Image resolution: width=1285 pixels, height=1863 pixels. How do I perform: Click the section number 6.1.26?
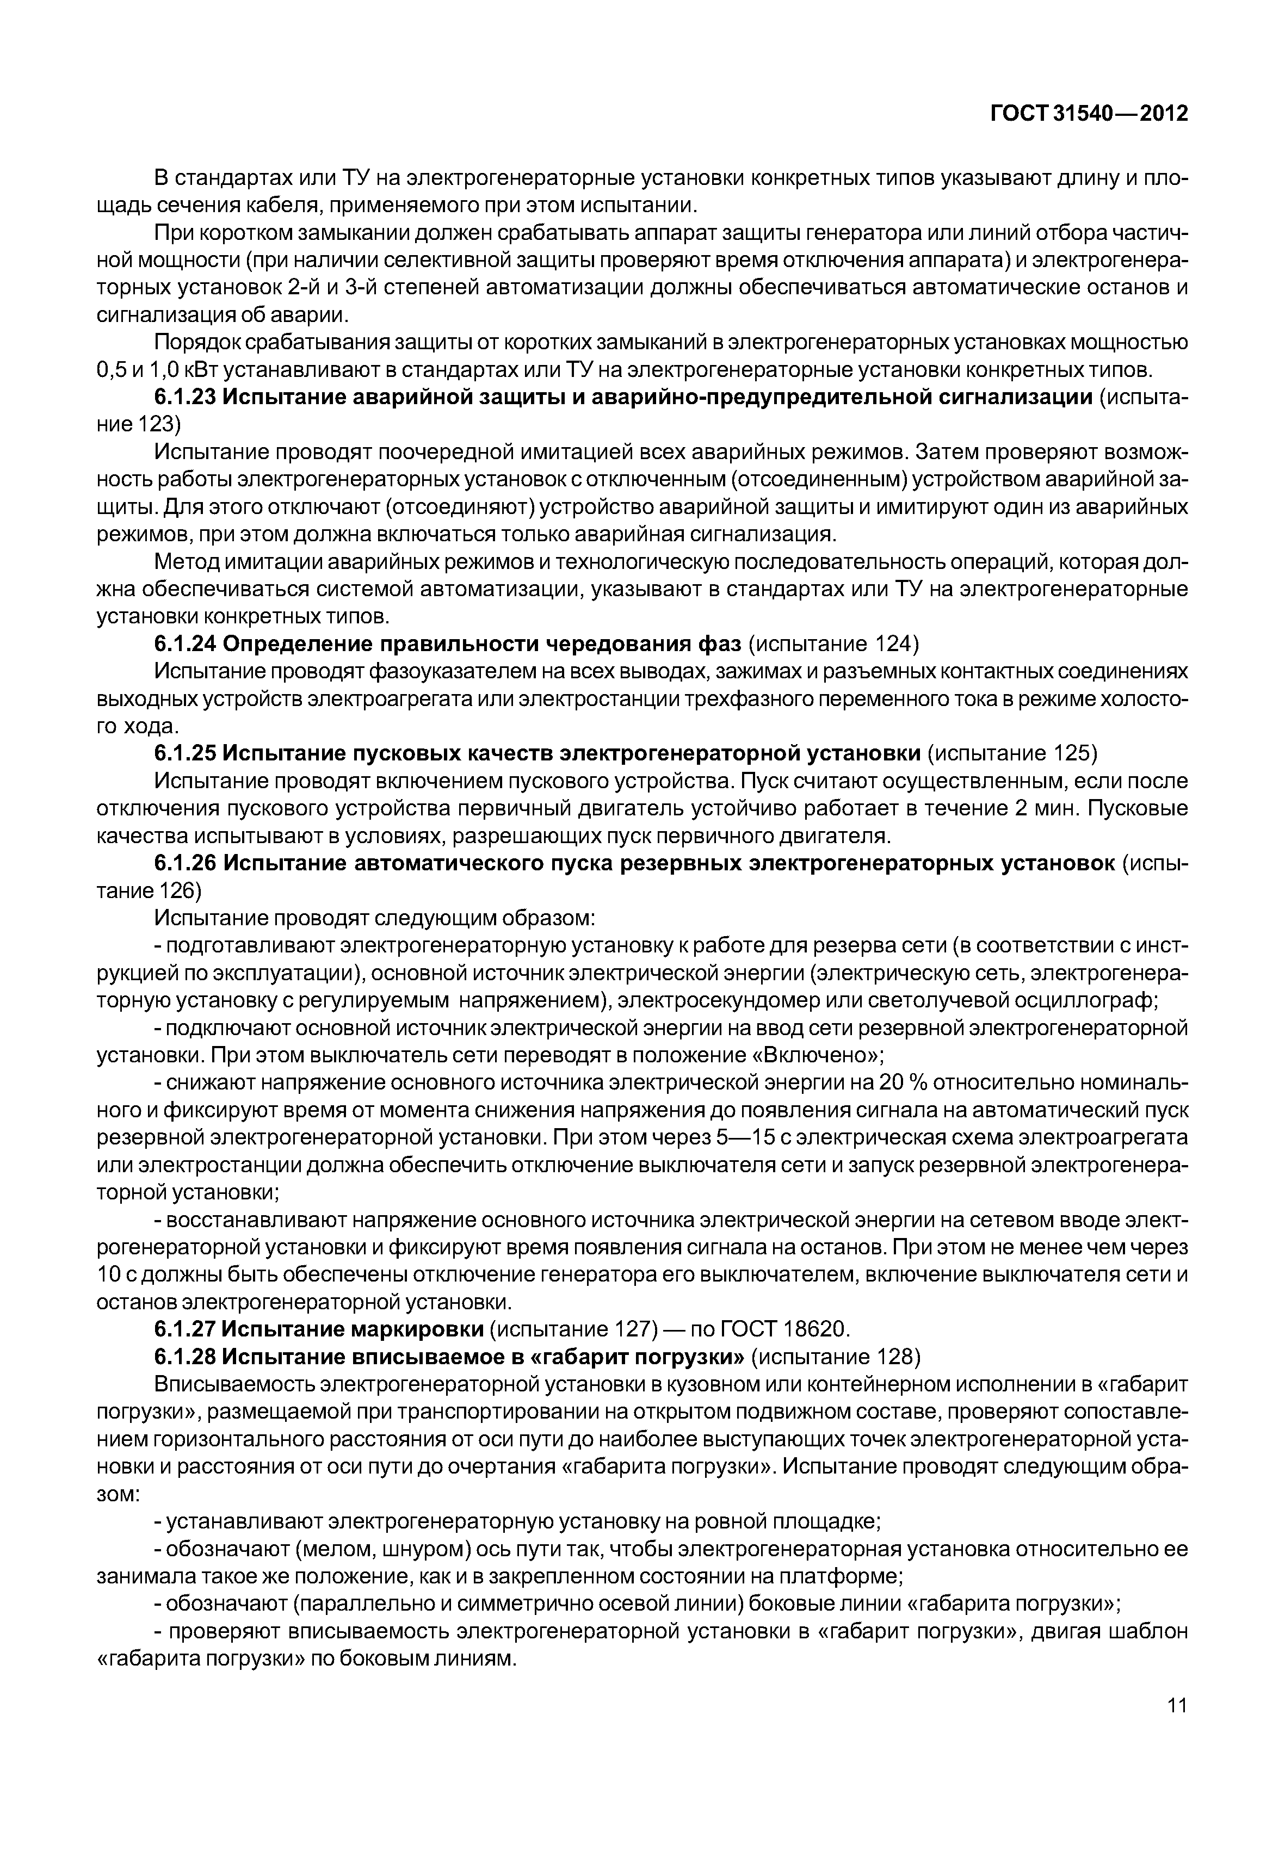(184, 863)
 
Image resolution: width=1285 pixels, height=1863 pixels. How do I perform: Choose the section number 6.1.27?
(184, 1328)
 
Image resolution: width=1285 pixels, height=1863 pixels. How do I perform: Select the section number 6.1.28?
(184, 1357)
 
